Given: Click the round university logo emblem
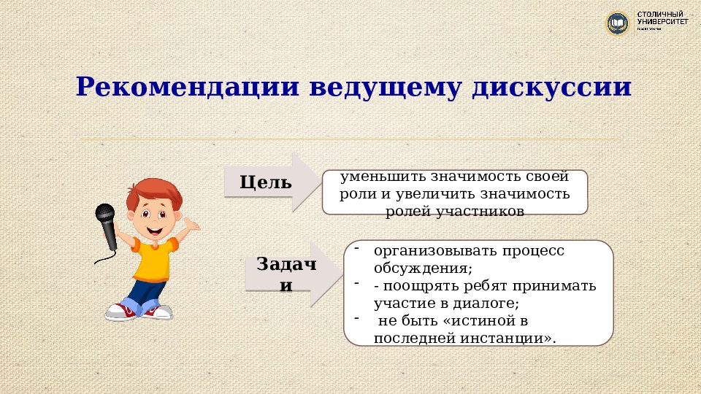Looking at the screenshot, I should [618, 23].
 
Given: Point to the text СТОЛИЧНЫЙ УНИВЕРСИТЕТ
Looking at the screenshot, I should [662, 19].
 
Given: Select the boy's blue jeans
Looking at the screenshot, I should [143, 295].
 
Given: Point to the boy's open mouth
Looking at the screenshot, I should [156, 229].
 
